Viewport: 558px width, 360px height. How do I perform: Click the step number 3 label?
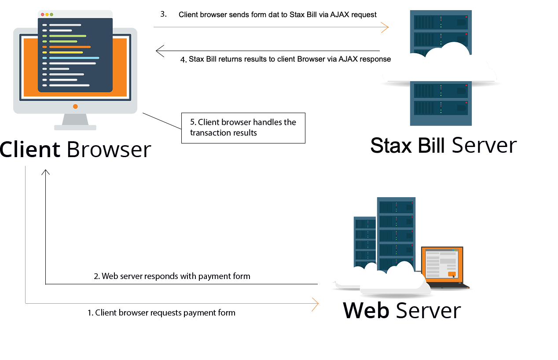tap(163, 14)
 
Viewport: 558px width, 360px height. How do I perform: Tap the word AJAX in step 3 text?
tap(340, 15)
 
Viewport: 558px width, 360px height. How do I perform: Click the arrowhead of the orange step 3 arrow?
tap(385, 27)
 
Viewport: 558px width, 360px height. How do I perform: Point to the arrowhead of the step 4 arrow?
tap(160, 51)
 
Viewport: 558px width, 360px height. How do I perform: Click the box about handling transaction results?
tap(243, 128)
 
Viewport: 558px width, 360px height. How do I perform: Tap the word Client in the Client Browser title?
tap(30, 150)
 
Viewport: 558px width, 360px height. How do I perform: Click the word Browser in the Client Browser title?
tap(109, 150)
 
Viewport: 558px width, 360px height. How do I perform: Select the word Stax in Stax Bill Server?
tap(391, 146)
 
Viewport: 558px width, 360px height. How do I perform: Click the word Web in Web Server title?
tap(366, 310)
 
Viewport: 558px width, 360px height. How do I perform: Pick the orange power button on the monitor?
tap(75, 107)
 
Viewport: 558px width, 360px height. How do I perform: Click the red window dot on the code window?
tap(43, 15)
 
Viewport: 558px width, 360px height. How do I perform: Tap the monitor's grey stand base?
tap(75, 128)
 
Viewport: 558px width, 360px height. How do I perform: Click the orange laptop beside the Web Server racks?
tap(444, 268)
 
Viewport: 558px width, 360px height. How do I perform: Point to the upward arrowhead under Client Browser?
tap(46, 172)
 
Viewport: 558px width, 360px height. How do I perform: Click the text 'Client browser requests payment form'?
tap(162, 313)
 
